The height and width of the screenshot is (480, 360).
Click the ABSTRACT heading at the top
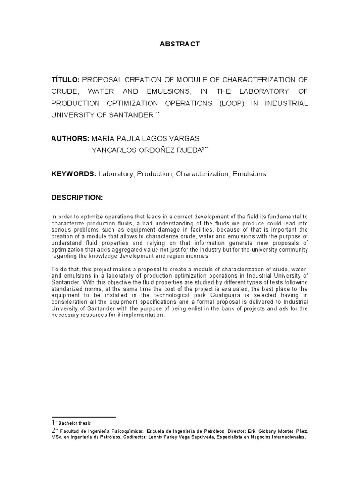tap(180, 44)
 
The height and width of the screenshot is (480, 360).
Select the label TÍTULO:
tap(67, 80)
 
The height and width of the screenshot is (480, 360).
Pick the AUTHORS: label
tap(70, 139)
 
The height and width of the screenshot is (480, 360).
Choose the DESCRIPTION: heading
tap(77, 198)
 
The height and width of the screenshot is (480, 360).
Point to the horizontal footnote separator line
tap(83, 417)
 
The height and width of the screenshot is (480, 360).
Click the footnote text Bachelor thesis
tap(72, 423)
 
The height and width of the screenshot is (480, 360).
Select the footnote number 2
tap(53, 431)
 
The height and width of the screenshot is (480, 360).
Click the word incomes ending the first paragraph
tap(200, 256)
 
